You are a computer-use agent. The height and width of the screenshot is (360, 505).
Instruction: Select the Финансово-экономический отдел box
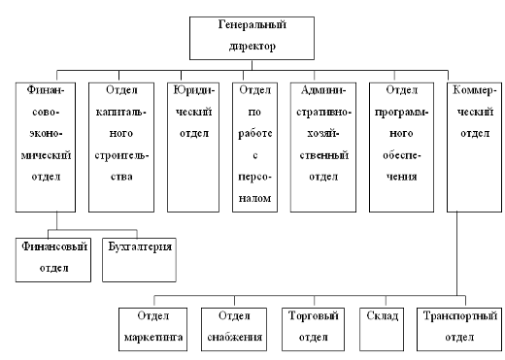click(40, 146)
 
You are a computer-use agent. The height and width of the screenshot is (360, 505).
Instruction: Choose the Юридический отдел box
click(188, 146)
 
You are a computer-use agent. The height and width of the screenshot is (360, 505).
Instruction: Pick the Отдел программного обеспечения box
click(400, 146)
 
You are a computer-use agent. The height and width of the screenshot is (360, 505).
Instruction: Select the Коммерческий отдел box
click(475, 146)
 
